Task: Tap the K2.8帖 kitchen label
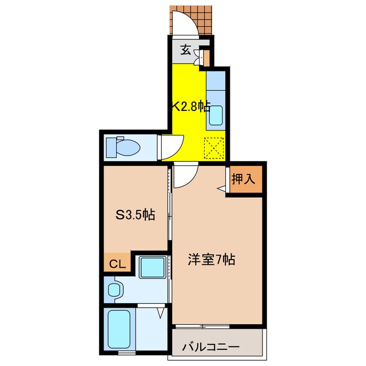[x=190, y=107]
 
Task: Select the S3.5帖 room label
[x=136, y=215]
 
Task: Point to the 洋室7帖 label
[x=212, y=259]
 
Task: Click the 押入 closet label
[x=243, y=179]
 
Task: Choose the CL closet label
[x=118, y=264]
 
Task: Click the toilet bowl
[x=123, y=148]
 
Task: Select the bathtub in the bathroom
[x=119, y=329]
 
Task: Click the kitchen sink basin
[x=216, y=116]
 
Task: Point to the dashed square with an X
[x=214, y=148]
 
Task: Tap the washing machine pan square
[x=153, y=267]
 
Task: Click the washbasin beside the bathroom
[x=114, y=290]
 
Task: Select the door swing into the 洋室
[x=190, y=179]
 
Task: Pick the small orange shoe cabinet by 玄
[x=206, y=58]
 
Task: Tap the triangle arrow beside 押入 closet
[x=221, y=189]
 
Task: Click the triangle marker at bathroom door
[x=160, y=313]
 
